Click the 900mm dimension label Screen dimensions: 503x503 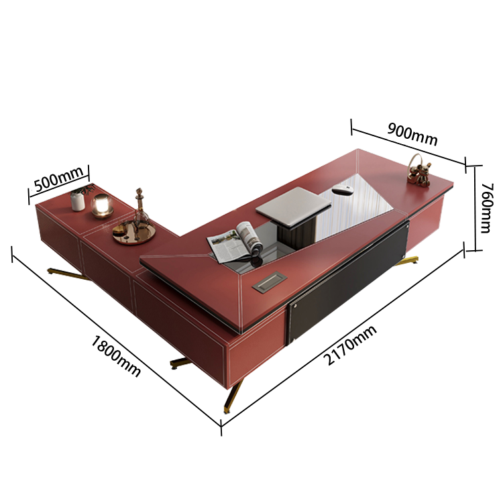(412, 134)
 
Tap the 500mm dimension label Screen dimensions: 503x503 (58, 180)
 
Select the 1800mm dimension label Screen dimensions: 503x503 (116, 356)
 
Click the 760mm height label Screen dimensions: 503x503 (486, 208)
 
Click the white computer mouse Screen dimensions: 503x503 (343, 189)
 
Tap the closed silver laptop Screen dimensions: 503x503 (293, 207)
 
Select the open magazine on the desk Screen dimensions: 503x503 (235, 242)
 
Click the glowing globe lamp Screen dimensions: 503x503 (102, 206)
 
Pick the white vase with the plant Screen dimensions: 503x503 (78, 200)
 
